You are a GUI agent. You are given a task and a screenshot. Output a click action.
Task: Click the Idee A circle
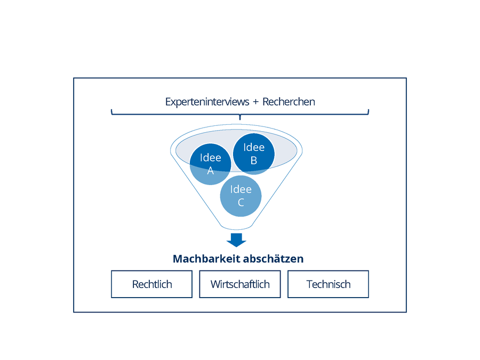210,164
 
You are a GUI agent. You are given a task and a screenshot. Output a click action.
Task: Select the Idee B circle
254,154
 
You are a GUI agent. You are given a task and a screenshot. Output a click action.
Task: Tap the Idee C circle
241,196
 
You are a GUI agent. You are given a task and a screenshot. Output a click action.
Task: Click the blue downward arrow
236,240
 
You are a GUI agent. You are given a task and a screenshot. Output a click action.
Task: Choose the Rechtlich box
152,284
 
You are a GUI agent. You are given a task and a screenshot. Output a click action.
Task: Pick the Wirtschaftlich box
240,284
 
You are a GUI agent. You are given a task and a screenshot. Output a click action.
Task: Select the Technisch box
328,284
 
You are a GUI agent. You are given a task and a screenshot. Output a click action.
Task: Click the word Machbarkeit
206,259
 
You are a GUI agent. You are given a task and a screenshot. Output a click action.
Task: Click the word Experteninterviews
207,102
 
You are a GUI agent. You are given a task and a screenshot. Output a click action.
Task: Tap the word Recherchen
289,102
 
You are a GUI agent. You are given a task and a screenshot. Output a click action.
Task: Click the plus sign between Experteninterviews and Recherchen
256,102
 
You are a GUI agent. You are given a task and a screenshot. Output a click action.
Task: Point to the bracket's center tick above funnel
240,117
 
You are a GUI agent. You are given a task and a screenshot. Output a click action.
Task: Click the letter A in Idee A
210,171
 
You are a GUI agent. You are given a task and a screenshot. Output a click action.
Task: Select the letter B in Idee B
254,161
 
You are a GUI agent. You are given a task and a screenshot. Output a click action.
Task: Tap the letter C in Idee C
241,202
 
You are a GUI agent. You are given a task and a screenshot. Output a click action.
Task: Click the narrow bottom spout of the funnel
236,227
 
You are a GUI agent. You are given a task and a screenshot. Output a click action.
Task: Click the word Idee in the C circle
241,189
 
